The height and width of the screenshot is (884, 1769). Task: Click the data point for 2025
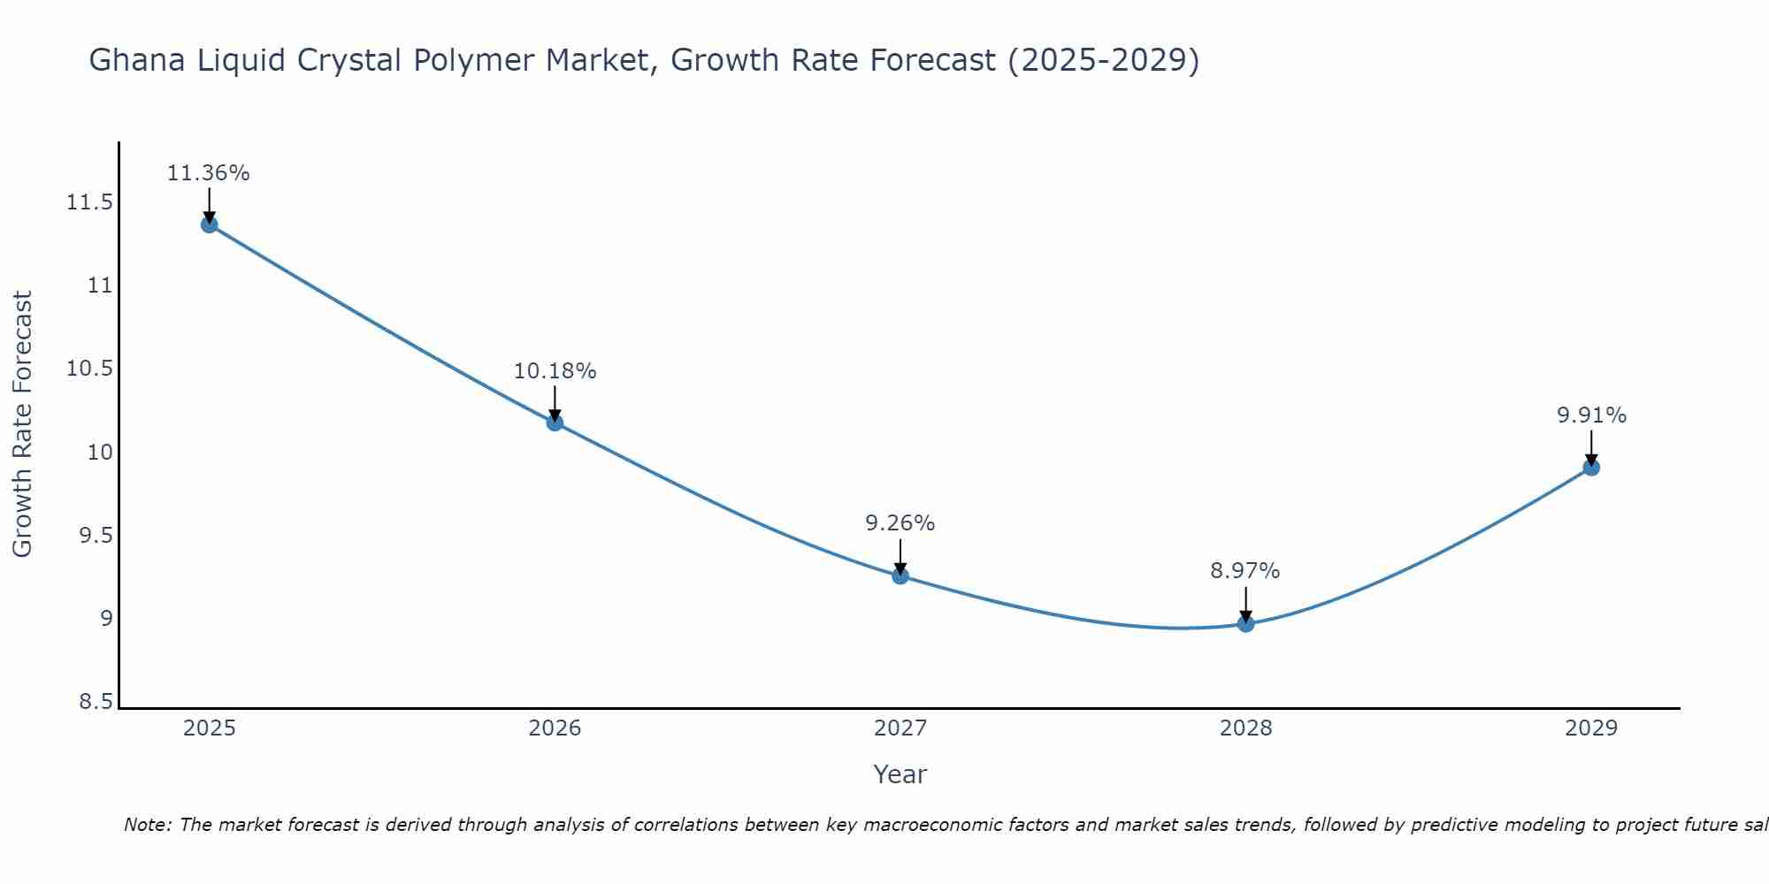pyautogui.click(x=209, y=225)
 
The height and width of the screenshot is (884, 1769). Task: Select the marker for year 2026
pyautogui.click(x=555, y=423)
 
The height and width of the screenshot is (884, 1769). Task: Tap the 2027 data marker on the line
pyautogui.click(x=900, y=576)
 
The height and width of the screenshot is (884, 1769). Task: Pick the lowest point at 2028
pyautogui.click(x=1245, y=624)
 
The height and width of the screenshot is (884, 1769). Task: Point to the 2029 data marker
pyautogui.click(x=1591, y=468)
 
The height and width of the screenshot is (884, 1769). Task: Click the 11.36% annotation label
pyautogui.click(x=209, y=173)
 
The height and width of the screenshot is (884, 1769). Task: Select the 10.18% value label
pyautogui.click(x=555, y=371)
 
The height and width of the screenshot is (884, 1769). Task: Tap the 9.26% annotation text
pyautogui.click(x=900, y=523)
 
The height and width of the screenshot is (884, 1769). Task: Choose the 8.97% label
pyautogui.click(x=1244, y=571)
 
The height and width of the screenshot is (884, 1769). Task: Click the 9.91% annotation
pyautogui.click(x=1591, y=415)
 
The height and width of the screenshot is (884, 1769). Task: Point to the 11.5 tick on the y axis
pyautogui.click(x=89, y=203)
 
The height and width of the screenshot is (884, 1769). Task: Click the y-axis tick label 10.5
pyautogui.click(x=89, y=369)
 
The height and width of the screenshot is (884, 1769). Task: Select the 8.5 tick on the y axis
pyautogui.click(x=96, y=702)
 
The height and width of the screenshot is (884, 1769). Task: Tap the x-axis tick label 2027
pyautogui.click(x=900, y=728)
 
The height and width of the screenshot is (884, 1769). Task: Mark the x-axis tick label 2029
pyautogui.click(x=1591, y=728)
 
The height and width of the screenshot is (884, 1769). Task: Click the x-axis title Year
pyautogui.click(x=900, y=774)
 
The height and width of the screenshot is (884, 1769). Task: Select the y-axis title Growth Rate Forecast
pyautogui.click(x=22, y=424)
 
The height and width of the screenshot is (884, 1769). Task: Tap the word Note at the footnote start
pyautogui.click(x=146, y=825)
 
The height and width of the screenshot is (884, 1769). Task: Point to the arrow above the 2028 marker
pyautogui.click(x=1245, y=604)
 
